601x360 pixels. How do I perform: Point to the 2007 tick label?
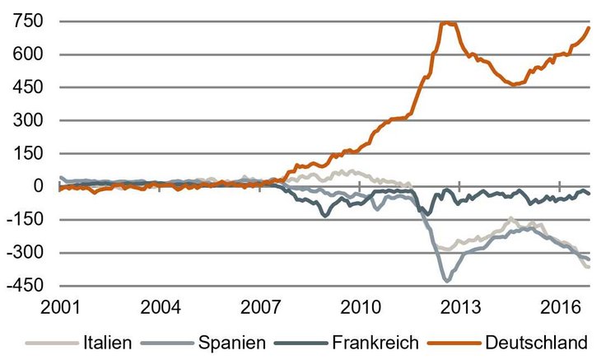(x=260, y=307)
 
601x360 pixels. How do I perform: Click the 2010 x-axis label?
(x=360, y=307)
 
